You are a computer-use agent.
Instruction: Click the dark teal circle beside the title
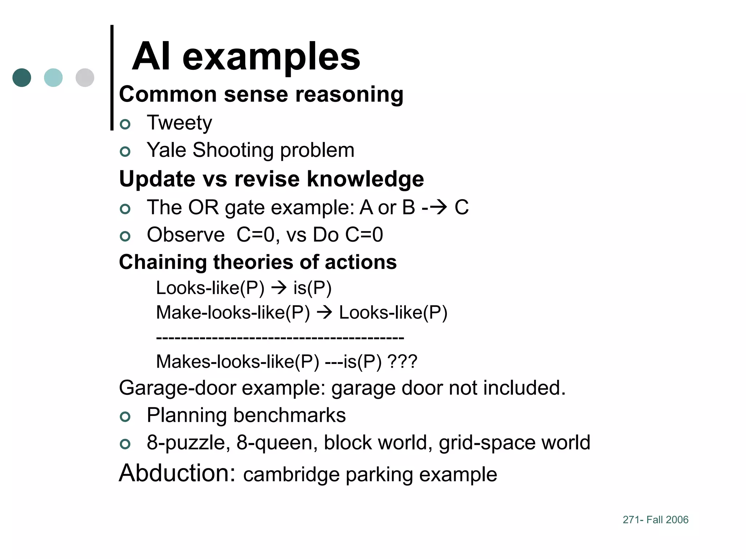[x=22, y=78]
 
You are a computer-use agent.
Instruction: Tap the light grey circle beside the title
[x=85, y=78]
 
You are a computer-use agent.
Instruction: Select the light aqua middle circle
[x=53, y=78]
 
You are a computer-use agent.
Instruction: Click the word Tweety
[x=179, y=123]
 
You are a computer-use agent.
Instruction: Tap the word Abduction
[x=177, y=473]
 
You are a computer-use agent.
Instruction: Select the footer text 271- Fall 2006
[x=655, y=520]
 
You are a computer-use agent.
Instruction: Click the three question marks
[x=402, y=361]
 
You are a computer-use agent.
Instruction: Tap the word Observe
[x=186, y=235]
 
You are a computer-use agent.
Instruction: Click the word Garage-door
[x=177, y=388]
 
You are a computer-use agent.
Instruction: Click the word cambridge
[x=291, y=475]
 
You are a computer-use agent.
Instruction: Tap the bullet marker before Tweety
[x=125, y=124]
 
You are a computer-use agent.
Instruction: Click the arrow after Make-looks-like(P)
[x=324, y=313]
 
